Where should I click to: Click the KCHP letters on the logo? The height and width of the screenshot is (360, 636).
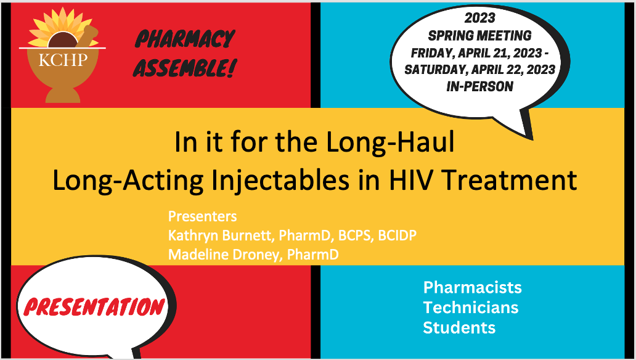point(63,60)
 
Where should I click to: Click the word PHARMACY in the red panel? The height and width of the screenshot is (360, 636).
point(185,39)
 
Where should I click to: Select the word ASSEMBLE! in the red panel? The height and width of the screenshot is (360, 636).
point(184,67)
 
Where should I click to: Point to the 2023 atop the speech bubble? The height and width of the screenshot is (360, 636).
point(480,18)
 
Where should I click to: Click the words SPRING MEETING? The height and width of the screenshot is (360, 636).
point(480,36)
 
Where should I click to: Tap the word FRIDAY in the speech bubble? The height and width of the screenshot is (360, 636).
point(431,53)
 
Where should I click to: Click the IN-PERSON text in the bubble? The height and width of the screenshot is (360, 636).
point(480,86)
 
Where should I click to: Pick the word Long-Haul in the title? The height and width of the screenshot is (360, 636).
point(390,142)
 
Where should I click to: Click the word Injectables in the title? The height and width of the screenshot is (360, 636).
point(280,180)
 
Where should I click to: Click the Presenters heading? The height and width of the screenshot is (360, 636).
point(202,216)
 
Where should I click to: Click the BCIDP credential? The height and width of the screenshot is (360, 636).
point(397,235)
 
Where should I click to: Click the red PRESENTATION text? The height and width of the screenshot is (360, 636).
point(94,307)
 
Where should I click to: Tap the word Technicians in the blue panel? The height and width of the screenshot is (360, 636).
point(470,307)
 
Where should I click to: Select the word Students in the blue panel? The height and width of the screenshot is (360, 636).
point(459,327)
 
